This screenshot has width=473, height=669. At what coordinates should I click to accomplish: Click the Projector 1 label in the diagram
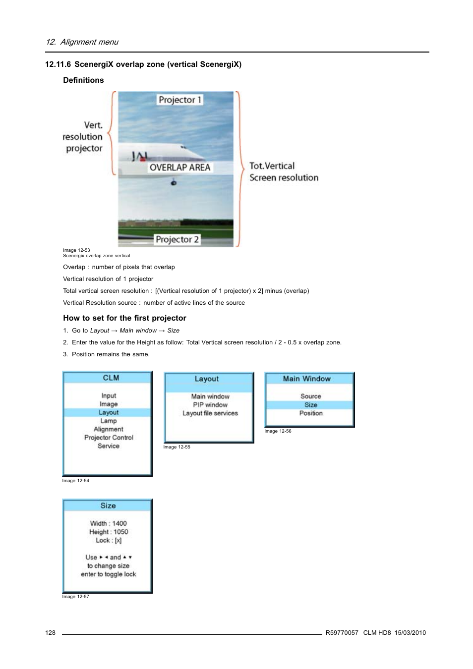tap(179, 100)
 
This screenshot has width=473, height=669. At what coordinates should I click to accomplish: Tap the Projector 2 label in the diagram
tap(177, 239)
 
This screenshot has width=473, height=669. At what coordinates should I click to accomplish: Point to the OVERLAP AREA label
tap(180, 167)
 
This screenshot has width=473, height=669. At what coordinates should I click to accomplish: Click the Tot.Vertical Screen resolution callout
tap(284, 171)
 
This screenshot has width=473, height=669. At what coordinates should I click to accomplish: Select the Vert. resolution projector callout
tap(83, 137)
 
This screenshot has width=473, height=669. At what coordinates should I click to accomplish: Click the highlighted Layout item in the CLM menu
tap(108, 412)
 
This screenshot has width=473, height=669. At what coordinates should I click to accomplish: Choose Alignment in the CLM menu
tap(108, 429)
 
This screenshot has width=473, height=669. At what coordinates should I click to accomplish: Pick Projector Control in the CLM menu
tap(109, 438)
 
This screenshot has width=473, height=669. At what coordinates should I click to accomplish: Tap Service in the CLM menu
tap(108, 446)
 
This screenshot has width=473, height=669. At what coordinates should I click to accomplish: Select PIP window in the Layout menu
tap(210, 405)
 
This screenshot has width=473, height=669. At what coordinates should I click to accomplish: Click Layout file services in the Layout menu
tap(210, 413)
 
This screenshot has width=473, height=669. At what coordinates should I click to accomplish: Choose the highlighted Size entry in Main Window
tap(311, 405)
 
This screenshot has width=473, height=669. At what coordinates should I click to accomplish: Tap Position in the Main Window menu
tap(311, 413)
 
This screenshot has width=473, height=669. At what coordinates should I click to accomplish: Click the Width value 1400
tap(119, 523)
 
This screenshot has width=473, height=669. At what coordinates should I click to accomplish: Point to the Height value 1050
tap(121, 532)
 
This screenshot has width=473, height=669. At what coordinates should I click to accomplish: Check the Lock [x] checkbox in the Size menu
tap(118, 540)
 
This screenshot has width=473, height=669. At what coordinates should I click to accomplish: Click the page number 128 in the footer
tap(50, 633)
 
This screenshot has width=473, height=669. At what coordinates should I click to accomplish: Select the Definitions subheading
tap(83, 80)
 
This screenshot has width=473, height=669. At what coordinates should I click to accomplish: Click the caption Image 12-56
tap(278, 431)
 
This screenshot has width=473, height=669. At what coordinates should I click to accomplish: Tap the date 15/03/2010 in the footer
tap(410, 633)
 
